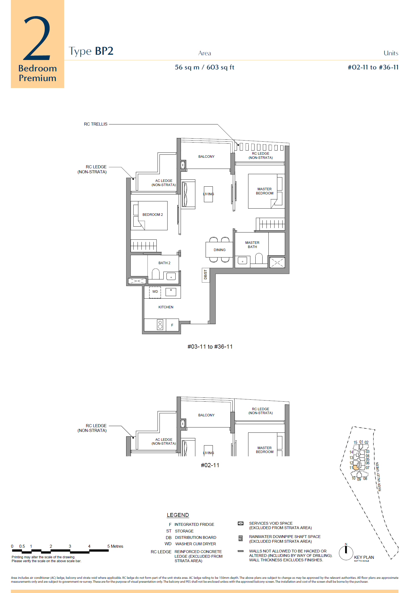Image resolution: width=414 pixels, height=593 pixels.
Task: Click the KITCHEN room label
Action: tap(166, 307)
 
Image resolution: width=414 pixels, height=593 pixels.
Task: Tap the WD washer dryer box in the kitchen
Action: tap(155, 292)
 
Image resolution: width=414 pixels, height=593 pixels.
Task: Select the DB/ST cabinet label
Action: tap(206, 274)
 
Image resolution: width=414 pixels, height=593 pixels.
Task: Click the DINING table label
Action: tap(220, 250)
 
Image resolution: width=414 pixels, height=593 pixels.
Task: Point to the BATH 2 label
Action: tap(164, 263)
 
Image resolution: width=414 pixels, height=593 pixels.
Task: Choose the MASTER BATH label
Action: tap(252, 245)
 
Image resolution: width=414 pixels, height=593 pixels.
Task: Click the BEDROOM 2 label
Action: tap(153, 214)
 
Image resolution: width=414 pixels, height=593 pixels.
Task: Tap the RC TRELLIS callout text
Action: tap(96, 124)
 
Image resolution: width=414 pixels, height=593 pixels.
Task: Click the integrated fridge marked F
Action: tap(172, 325)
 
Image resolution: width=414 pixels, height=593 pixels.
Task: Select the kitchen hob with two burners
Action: tap(160, 324)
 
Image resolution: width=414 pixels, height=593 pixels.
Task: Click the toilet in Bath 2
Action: tap(156, 274)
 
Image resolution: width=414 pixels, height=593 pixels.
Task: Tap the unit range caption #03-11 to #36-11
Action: tap(210, 347)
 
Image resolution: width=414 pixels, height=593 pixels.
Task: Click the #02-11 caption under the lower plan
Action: tap(210, 465)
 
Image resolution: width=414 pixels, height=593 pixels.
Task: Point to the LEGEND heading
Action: tap(178, 515)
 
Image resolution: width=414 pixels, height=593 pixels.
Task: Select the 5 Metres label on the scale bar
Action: tap(115, 546)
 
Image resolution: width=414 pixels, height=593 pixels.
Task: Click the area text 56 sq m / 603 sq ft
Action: tap(204, 67)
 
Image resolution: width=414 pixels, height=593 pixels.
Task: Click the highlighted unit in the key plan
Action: tap(356, 467)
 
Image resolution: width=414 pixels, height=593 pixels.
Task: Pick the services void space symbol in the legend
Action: tap(241, 524)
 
